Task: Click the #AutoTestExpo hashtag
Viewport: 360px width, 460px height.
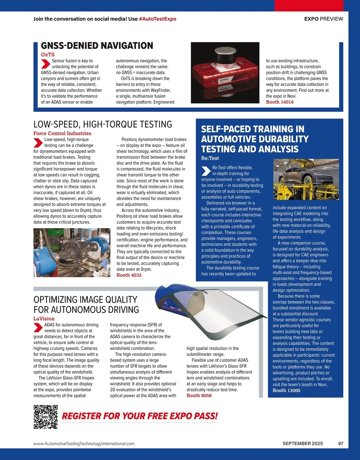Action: click(157, 19)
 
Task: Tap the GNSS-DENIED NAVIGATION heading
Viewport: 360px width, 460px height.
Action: click(97, 46)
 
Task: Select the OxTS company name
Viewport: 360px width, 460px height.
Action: click(48, 55)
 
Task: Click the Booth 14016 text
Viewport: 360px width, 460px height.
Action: click(280, 102)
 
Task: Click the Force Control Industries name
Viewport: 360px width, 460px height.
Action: click(62, 133)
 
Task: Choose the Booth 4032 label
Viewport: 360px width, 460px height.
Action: click(129, 275)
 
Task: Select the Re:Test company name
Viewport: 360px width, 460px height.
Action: click(210, 158)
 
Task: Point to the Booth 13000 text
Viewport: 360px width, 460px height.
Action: click(286, 390)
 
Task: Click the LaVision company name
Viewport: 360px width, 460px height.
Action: click(44, 319)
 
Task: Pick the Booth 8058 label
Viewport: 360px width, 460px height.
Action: click(199, 396)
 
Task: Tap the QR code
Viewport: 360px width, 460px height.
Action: click(45, 417)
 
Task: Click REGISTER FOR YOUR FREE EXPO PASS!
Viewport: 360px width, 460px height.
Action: click(140, 416)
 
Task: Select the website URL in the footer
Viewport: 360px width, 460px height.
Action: click(84, 444)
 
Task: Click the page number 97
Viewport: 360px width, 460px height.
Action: click(340, 444)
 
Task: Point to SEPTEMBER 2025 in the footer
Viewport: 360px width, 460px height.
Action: click(302, 444)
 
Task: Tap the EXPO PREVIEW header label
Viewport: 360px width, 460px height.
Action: click(323, 19)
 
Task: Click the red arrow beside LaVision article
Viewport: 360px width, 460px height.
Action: click(38, 328)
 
